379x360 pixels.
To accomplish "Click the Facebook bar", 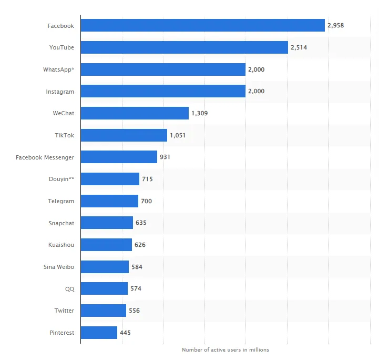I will click(202, 25).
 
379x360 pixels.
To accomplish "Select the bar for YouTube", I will click(184, 47).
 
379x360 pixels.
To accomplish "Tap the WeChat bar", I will click(135, 113).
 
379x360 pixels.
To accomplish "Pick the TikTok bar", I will click(124, 135).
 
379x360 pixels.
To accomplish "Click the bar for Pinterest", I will click(99, 333).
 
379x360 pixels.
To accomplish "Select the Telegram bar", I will click(109, 201).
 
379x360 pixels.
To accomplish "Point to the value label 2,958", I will click(335, 25).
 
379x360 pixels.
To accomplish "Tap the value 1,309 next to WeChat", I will click(199, 113).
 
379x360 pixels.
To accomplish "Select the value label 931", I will click(165, 157).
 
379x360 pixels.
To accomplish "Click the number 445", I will click(125, 333).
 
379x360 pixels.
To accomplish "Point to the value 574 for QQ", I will click(136, 288).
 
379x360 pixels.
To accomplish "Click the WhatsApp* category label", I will click(58, 69).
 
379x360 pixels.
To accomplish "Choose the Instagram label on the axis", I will click(60, 92).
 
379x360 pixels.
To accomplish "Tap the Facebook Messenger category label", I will click(45, 157).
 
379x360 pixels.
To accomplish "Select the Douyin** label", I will click(61, 179).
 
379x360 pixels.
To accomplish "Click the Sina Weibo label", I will click(59, 267).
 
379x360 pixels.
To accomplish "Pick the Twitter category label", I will click(64, 311).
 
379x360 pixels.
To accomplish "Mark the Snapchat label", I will click(61, 223).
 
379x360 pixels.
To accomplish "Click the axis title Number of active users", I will click(225, 350).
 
